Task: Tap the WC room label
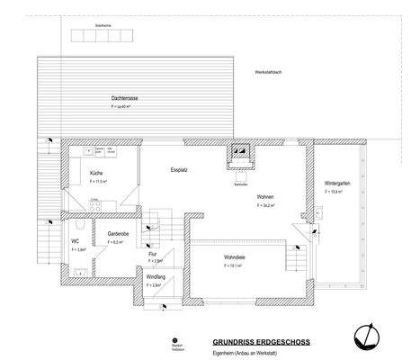[76, 241]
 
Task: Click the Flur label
[153, 254]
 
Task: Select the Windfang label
[156, 276]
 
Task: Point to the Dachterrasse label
[123, 97]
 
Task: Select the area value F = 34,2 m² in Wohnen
[265, 205]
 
